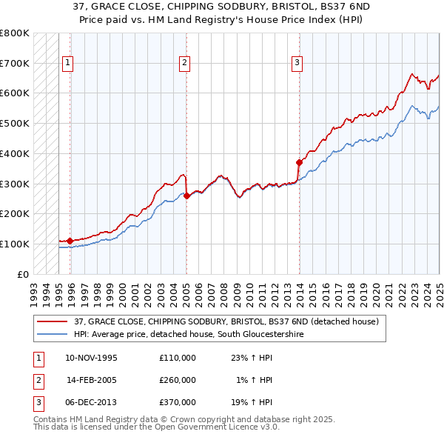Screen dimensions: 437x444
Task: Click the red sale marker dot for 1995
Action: coord(70,241)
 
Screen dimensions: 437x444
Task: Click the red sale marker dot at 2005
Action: coord(186,196)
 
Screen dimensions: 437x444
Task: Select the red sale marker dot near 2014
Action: coord(299,162)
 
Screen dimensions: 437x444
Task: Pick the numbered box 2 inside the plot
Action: coord(184,63)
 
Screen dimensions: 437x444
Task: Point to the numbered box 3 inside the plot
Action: coord(296,63)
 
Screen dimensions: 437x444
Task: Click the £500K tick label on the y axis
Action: coord(15,123)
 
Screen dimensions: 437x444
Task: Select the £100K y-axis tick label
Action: coord(15,244)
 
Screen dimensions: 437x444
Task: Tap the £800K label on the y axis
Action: coord(15,33)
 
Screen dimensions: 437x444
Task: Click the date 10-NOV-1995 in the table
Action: coord(92,358)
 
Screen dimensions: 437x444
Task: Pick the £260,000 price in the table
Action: coord(178,380)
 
